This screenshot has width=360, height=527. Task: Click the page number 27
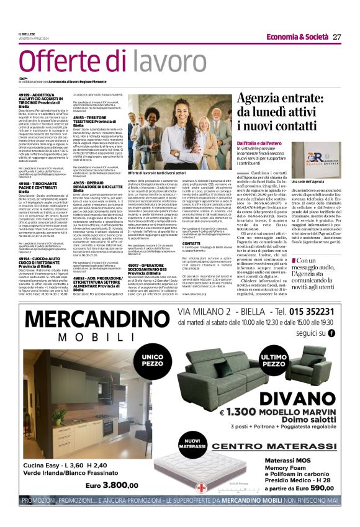(337, 37)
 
